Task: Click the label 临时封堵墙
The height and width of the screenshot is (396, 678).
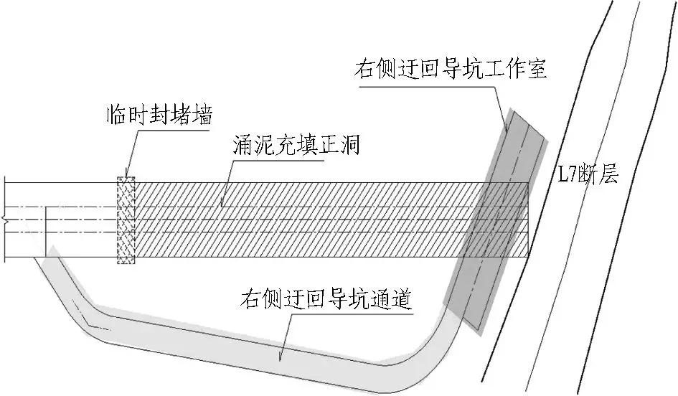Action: [159, 115]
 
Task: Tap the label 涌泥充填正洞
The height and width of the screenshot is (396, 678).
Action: [296, 145]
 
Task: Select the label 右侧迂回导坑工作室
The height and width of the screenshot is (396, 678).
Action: [451, 69]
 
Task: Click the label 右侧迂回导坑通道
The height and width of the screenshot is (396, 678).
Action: [325, 299]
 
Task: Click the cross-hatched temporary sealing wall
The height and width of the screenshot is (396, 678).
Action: [126, 220]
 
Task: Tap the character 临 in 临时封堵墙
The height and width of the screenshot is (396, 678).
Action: [117, 115]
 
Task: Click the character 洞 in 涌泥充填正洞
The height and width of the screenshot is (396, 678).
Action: [350, 145]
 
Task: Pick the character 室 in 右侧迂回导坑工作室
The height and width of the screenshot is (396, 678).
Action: [537, 69]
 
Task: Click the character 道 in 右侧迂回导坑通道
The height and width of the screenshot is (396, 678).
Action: [400, 299]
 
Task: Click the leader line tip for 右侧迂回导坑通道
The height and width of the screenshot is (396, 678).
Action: [279, 360]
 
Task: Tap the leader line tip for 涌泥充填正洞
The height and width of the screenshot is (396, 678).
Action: [222, 205]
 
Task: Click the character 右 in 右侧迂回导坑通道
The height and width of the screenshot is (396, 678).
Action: [251, 299]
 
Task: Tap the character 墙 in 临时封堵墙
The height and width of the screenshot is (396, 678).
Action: [202, 115]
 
